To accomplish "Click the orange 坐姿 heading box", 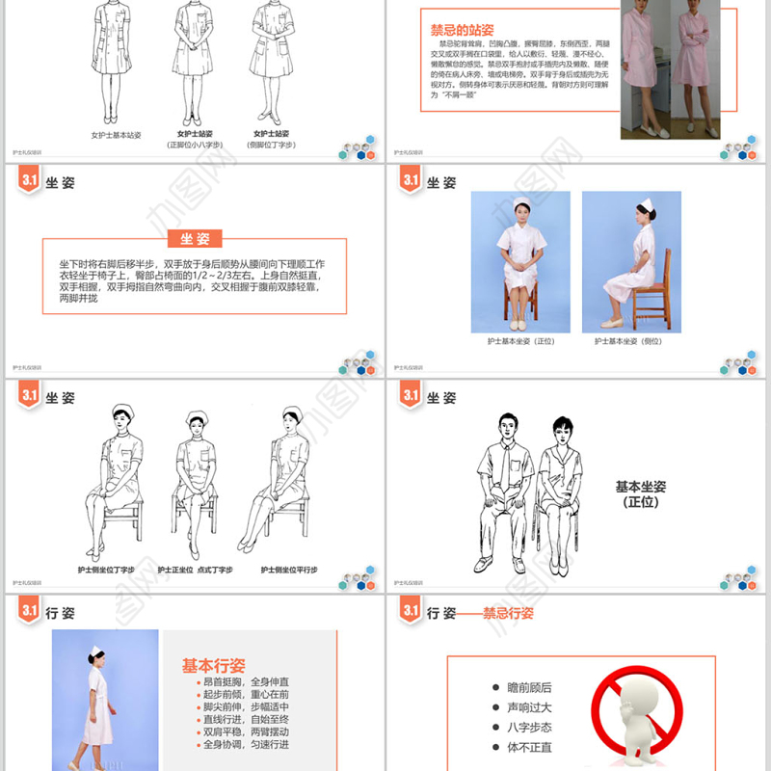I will click(x=194, y=239).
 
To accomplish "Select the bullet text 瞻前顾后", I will click(x=529, y=687).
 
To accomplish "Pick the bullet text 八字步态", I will click(x=529, y=728).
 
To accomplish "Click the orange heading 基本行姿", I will click(x=213, y=666).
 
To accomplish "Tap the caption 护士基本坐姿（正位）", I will click(x=519, y=341).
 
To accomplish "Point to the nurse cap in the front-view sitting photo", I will click(x=520, y=202).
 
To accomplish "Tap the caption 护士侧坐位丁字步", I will click(x=107, y=570).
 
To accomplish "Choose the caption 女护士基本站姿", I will click(x=116, y=135).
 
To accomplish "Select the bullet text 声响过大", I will click(x=529, y=707).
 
